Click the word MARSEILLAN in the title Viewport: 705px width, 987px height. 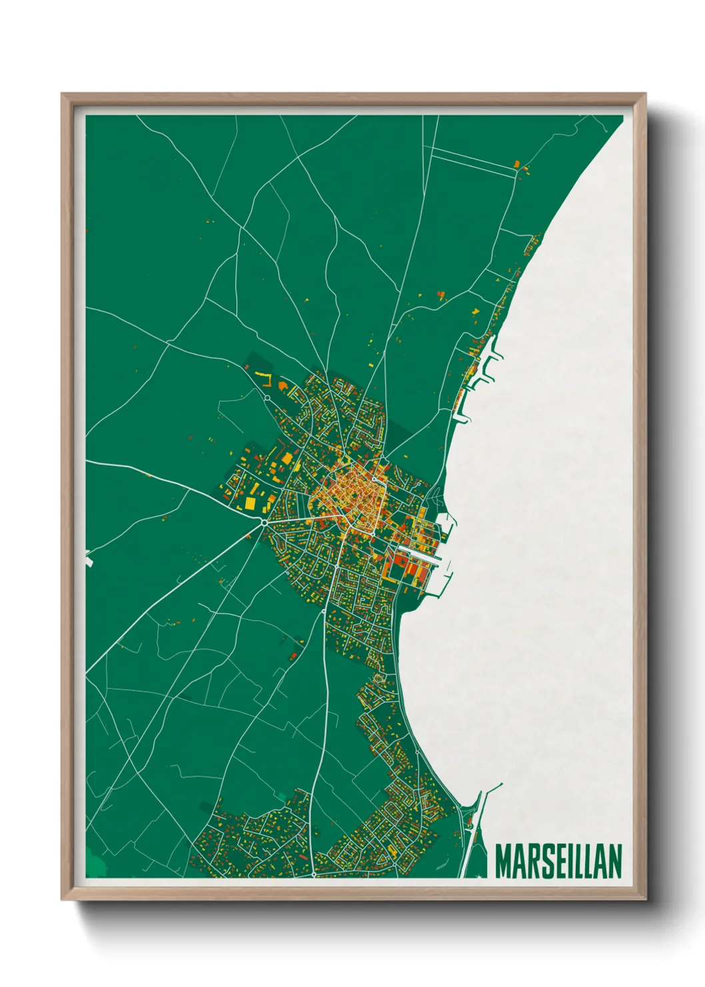pyautogui.click(x=558, y=862)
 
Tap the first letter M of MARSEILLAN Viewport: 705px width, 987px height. pyautogui.click(x=503, y=862)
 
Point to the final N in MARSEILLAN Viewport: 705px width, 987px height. pyautogui.click(x=615, y=862)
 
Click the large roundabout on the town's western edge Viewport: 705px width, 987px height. pyautogui.click(x=265, y=523)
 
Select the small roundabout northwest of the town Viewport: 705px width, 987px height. pyautogui.click(x=267, y=398)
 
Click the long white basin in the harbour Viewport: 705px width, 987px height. pyautogui.click(x=418, y=553)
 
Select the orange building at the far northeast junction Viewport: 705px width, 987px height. pyautogui.click(x=516, y=163)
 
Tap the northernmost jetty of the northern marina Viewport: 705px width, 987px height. pyautogui.click(x=494, y=347)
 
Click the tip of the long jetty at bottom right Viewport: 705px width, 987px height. pyautogui.click(x=501, y=784)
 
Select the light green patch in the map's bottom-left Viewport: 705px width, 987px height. pyautogui.click(x=95, y=864)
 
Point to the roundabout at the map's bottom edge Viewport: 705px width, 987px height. pyautogui.click(x=313, y=874)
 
